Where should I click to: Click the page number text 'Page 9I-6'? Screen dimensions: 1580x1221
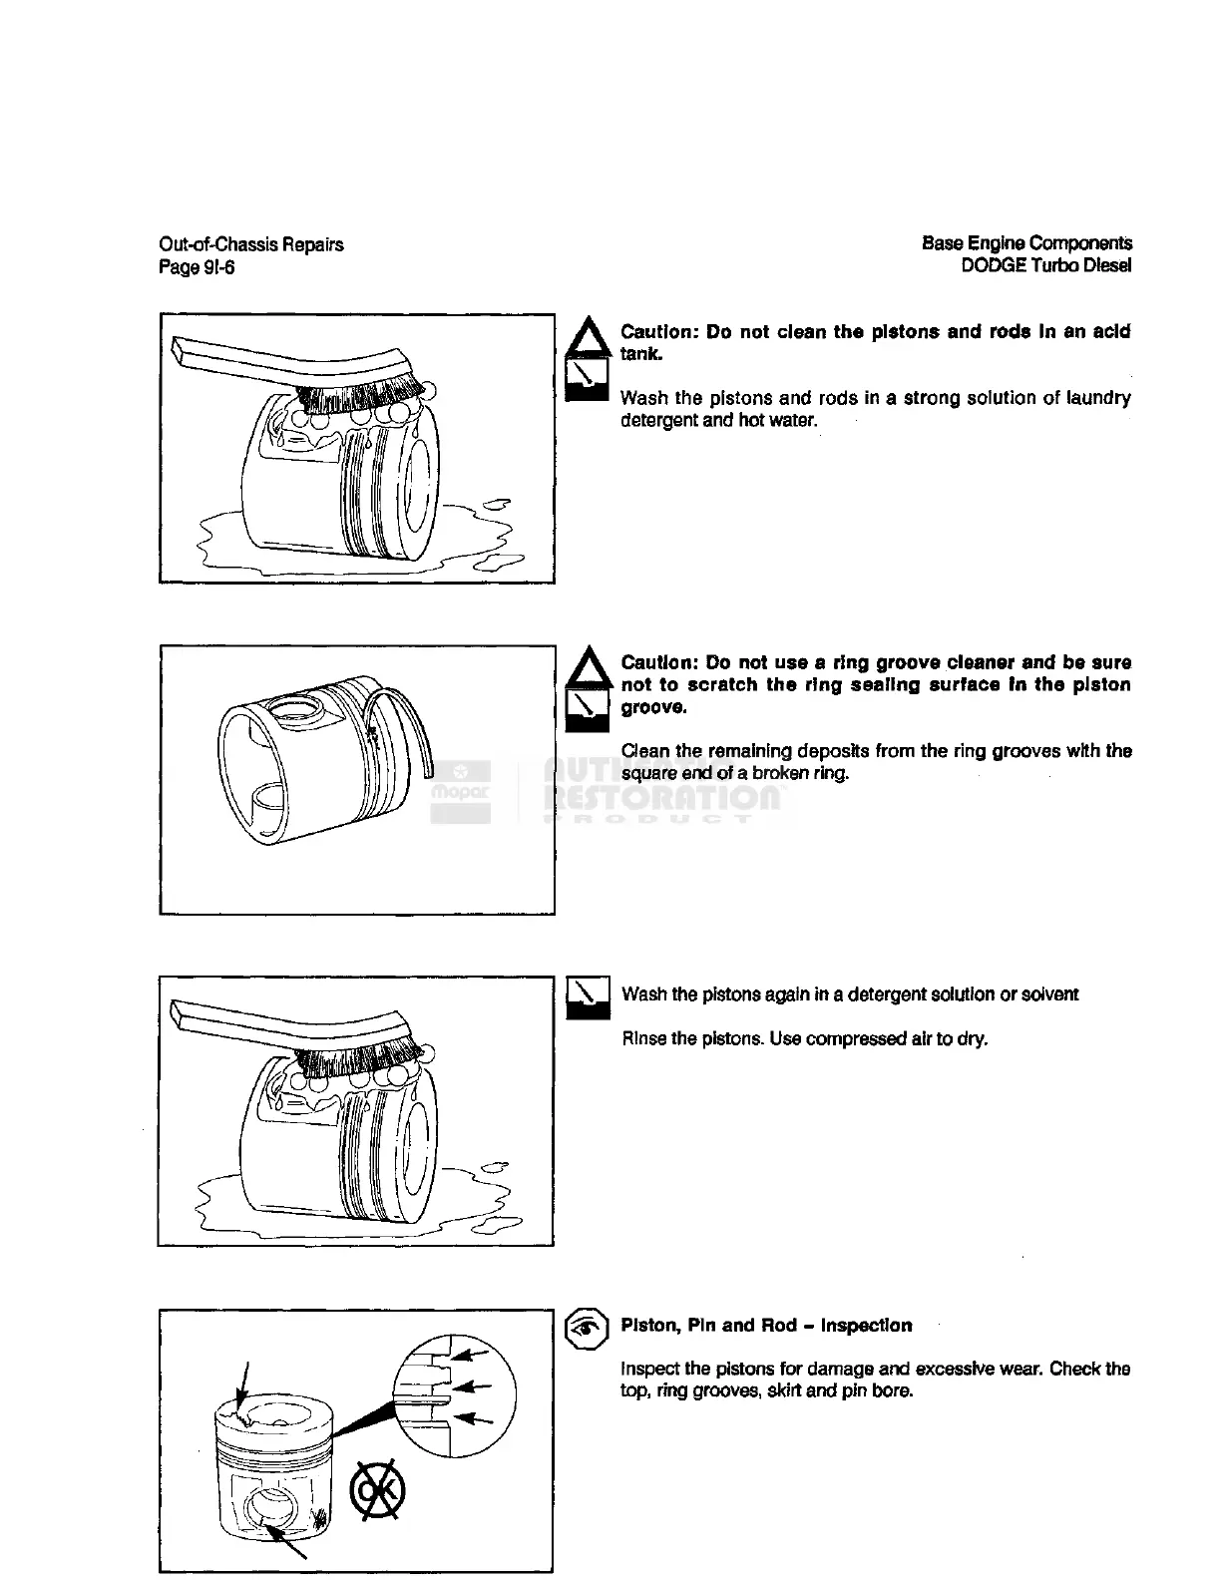pos(197,267)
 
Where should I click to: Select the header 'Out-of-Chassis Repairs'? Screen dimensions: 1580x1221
pos(251,244)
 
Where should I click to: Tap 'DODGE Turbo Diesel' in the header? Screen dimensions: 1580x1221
pos(1045,265)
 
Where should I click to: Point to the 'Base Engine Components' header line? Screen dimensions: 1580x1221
pos(1026,243)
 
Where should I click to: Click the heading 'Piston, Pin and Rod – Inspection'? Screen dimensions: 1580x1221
pos(765,1326)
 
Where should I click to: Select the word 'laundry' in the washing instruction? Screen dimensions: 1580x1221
pos(1097,398)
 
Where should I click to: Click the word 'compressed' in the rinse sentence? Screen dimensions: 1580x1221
pos(863,1038)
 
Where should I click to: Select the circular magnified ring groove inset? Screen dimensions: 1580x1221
pos(454,1388)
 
